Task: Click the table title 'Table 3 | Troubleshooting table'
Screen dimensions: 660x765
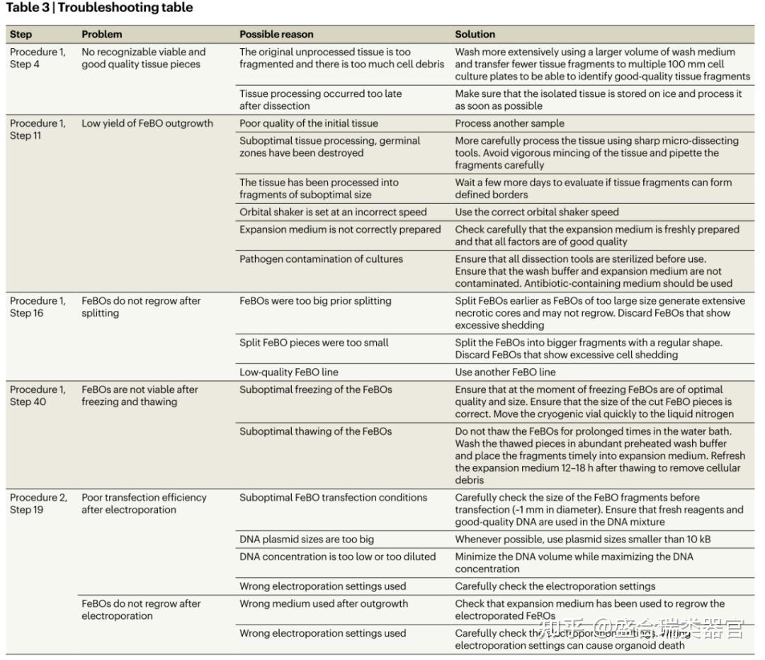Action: pyautogui.click(x=99, y=8)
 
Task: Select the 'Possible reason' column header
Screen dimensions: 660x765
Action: pyautogui.click(x=276, y=34)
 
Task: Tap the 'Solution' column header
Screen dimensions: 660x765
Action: pyautogui.click(x=475, y=34)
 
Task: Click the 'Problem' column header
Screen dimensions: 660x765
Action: pyautogui.click(x=101, y=34)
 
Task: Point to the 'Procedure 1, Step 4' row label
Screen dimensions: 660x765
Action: pyautogui.click(x=37, y=58)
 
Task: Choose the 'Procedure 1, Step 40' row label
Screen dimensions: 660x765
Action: pyautogui.click(x=37, y=395)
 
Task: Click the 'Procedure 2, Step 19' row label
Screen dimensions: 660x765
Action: pyautogui.click(x=38, y=503)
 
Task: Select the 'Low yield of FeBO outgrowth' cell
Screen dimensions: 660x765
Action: pyautogui.click(x=147, y=123)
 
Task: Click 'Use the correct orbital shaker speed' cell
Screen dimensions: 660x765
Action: pyautogui.click(x=537, y=212)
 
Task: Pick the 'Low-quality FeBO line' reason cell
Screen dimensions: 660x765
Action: pyautogui.click(x=289, y=372)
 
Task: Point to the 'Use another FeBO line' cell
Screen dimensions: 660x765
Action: pyautogui.click(x=505, y=372)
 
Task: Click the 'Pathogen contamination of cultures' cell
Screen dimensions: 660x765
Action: pyautogui.click(x=321, y=259)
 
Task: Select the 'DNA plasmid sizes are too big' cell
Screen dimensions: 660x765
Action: pyautogui.click(x=307, y=540)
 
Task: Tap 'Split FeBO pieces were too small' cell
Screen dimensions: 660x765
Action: pyautogui.click(x=314, y=343)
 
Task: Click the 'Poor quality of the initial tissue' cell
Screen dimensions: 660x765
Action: pyautogui.click(x=309, y=123)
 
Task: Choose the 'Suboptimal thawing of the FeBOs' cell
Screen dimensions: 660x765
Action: pyautogui.click(x=315, y=431)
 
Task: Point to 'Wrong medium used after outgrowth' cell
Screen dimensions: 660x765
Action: pyautogui.click(x=324, y=604)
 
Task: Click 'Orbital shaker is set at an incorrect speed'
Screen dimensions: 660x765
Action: pyautogui.click(x=333, y=212)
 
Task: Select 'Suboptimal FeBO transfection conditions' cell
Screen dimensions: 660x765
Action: pyautogui.click(x=333, y=498)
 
